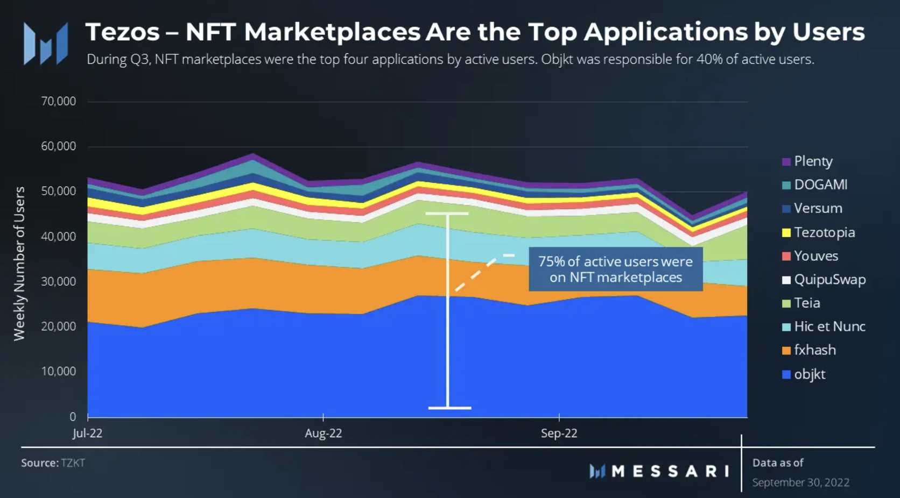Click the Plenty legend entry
[813, 161]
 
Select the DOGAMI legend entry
[820, 185]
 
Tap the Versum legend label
[818, 209]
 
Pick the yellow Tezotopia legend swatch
[786, 233]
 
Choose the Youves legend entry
[815, 256]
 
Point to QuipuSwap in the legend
[829, 280]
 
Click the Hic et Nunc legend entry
[829, 326]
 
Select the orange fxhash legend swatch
[786, 351]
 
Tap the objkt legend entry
[809, 374]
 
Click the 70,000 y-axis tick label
[59, 101]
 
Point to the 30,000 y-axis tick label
[59, 281]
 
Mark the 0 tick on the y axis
[73, 417]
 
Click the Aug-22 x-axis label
[323, 433]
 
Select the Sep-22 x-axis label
[559, 433]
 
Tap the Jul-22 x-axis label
[87, 433]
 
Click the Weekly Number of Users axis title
[19, 264]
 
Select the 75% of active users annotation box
[615, 269]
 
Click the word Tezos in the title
[123, 32]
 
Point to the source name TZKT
[73, 463]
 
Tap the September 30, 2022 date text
[800, 482]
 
